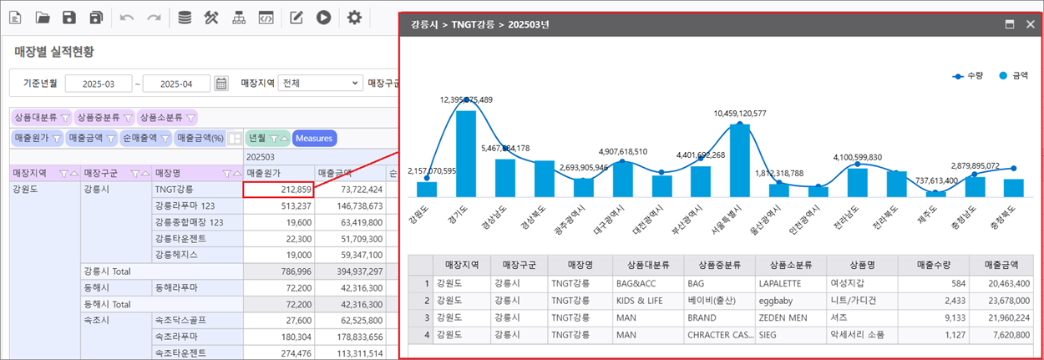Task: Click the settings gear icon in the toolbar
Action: [x=354, y=18]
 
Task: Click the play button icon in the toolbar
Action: [x=323, y=18]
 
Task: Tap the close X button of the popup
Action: [x=1031, y=24]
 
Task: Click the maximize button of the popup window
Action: [x=1009, y=24]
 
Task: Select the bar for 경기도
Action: [x=466, y=154]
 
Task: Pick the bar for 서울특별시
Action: [x=739, y=160]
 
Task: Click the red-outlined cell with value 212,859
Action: [x=278, y=190]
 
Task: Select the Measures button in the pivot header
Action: [x=314, y=138]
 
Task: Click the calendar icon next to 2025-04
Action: [x=221, y=84]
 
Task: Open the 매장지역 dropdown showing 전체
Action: [x=321, y=84]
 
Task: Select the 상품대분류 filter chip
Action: [x=41, y=118]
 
